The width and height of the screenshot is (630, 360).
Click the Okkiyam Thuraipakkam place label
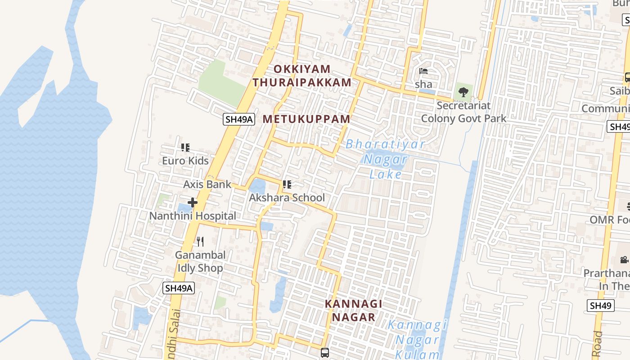point(302,76)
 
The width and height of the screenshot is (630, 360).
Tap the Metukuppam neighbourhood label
point(306,119)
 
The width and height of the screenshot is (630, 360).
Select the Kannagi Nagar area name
point(354,310)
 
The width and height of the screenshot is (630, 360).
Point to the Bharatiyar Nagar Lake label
point(385,159)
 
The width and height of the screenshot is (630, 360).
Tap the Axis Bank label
point(207,184)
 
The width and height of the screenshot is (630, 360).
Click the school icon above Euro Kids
point(185,148)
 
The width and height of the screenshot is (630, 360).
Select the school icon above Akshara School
point(287,184)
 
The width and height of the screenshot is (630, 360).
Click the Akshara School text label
point(287,198)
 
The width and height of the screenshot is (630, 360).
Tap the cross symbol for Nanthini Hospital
point(193,202)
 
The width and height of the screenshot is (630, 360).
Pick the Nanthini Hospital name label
point(193,216)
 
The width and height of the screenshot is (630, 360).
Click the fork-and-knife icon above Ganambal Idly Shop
point(200,242)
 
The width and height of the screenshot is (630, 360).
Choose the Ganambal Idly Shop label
point(200,261)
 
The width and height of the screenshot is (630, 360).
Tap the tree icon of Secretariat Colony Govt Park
point(463,93)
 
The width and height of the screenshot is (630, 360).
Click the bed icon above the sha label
point(423,71)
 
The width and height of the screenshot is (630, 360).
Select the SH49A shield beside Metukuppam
point(239,119)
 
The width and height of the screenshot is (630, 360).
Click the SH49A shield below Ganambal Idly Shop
point(179,288)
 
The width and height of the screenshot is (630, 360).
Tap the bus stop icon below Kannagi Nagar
point(325,352)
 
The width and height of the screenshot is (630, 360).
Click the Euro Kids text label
point(185,161)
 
